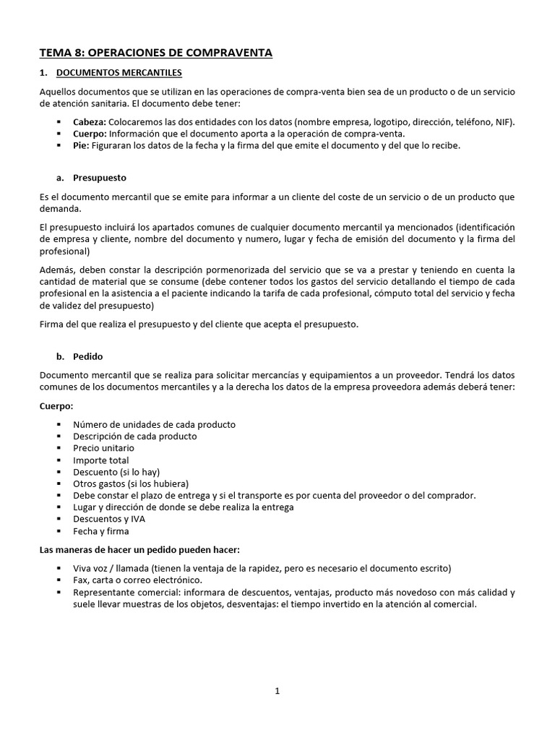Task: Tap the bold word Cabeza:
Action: click(x=90, y=122)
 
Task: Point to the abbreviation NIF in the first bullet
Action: click(x=504, y=122)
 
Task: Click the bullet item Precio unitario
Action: click(x=103, y=448)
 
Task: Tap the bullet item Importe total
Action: click(x=100, y=460)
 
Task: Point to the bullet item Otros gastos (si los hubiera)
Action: click(x=130, y=483)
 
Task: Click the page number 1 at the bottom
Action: click(x=277, y=691)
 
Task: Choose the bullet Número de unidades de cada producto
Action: click(x=154, y=424)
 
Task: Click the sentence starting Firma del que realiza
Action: click(x=199, y=324)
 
